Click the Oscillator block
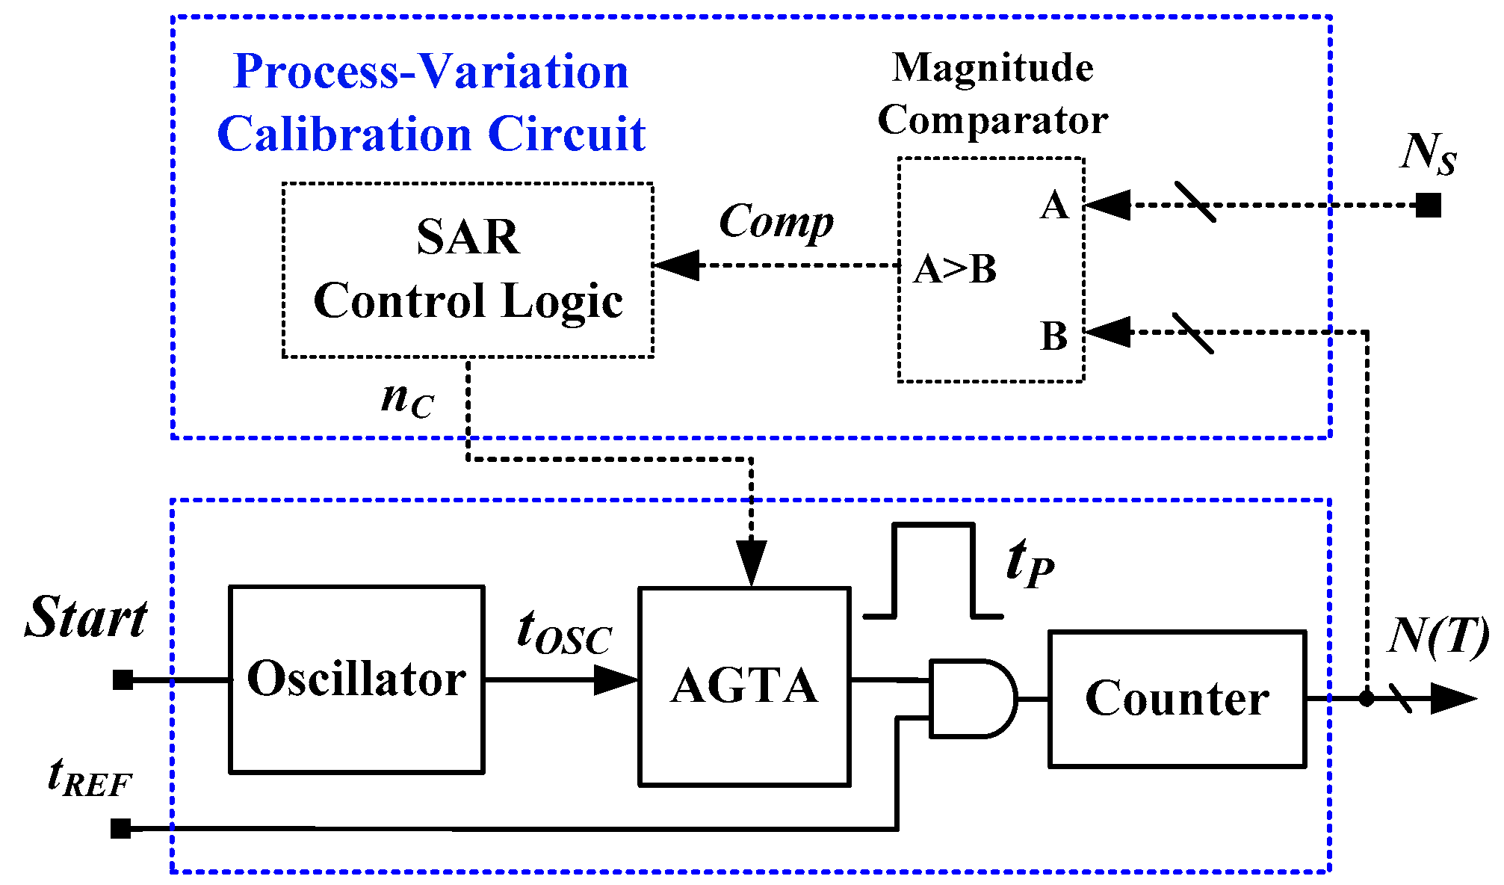tap(356, 679)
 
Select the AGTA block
tap(744, 686)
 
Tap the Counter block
tap(1177, 698)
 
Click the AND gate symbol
tap(971, 698)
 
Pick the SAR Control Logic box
tap(468, 269)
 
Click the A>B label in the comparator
tap(955, 269)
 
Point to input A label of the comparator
tap(1054, 205)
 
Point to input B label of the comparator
tap(1053, 336)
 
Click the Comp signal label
tap(776, 222)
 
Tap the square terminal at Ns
tap(1428, 205)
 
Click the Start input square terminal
tap(123, 679)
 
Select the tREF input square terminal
tap(120, 828)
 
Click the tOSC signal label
tap(564, 632)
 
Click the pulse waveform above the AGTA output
tap(933, 570)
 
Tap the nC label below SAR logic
tap(406, 399)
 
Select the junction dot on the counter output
tap(1367, 699)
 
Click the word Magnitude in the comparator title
tap(993, 67)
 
